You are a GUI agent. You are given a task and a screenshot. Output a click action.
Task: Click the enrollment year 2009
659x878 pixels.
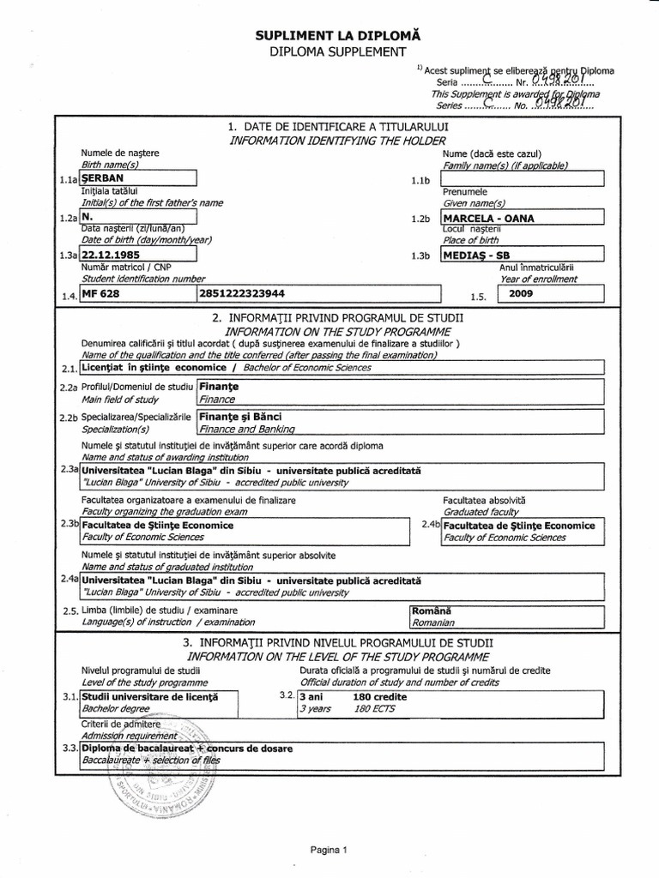click(521, 293)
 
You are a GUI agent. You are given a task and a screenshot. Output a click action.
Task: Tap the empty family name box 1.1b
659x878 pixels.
click(522, 178)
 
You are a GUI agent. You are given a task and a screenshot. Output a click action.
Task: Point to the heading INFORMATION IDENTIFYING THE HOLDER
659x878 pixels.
click(330, 141)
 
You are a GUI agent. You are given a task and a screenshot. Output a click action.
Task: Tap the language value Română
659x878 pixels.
click(432, 610)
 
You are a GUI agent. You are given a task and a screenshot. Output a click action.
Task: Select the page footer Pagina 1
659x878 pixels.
click(329, 851)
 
